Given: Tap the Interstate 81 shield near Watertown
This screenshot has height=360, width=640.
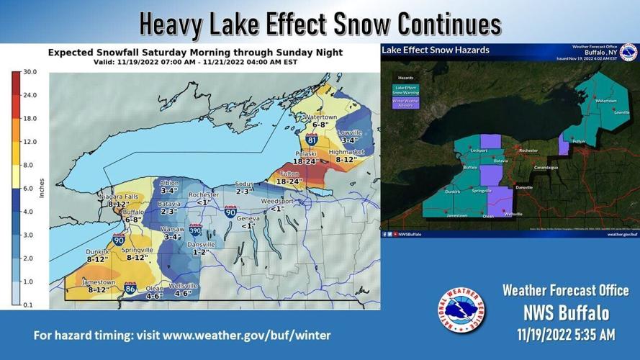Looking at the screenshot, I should tap(312, 139).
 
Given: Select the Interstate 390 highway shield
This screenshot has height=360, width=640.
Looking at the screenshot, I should tap(196, 230).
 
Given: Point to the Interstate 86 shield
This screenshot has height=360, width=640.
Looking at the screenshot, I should tap(130, 288).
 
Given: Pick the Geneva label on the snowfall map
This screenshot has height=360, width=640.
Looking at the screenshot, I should tap(248, 218).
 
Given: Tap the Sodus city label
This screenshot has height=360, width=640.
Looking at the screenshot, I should tap(244, 184).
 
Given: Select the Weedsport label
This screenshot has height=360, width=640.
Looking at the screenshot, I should tap(277, 201).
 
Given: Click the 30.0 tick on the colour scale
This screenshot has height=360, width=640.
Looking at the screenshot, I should tap(30, 72).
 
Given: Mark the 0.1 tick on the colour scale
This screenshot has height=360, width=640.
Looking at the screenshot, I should tap(28, 305).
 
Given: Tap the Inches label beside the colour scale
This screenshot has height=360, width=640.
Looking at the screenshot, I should tap(42, 188).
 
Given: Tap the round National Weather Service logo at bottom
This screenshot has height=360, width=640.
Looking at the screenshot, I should tap(461, 310).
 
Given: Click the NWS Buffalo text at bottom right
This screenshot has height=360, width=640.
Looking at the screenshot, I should tap(566, 313).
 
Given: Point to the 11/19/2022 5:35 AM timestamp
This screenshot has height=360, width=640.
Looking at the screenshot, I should tap(566, 335).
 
